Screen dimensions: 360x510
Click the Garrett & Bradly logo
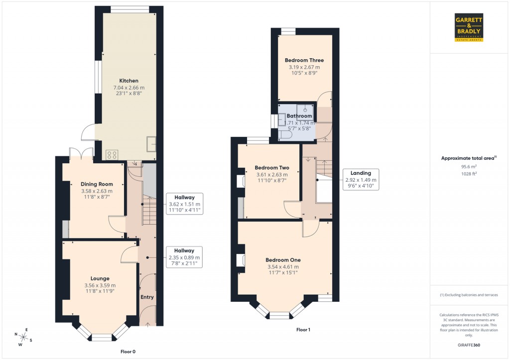[x=469, y=27]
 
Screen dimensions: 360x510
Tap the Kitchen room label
[x=128, y=81]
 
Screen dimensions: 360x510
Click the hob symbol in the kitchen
[x=112, y=155]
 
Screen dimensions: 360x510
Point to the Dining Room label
[x=97, y=184]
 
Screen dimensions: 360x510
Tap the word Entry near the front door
[x=147, y=297]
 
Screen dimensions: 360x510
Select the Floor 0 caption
[x=128, y=352]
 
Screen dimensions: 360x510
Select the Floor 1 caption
[x=303, y=330]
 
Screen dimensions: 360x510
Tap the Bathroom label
[x=299, y=116]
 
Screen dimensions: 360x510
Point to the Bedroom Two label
[x=272, y=168]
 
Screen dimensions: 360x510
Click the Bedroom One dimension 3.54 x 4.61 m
[x=283, y=267]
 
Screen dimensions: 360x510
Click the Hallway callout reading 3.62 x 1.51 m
[x=184, y=204]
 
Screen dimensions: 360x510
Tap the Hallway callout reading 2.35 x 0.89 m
[x=184, y=257]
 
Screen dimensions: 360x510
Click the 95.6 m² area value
[x=469, y=167]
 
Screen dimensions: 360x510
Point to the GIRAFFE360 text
[x=469, y=345]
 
